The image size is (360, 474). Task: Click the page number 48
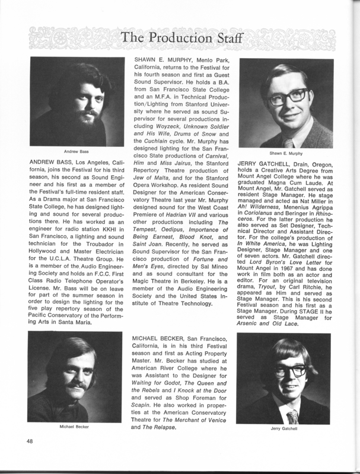[29, 441]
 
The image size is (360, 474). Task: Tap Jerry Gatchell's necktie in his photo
[292, 415]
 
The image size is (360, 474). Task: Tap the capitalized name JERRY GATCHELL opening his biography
[270, 162]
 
